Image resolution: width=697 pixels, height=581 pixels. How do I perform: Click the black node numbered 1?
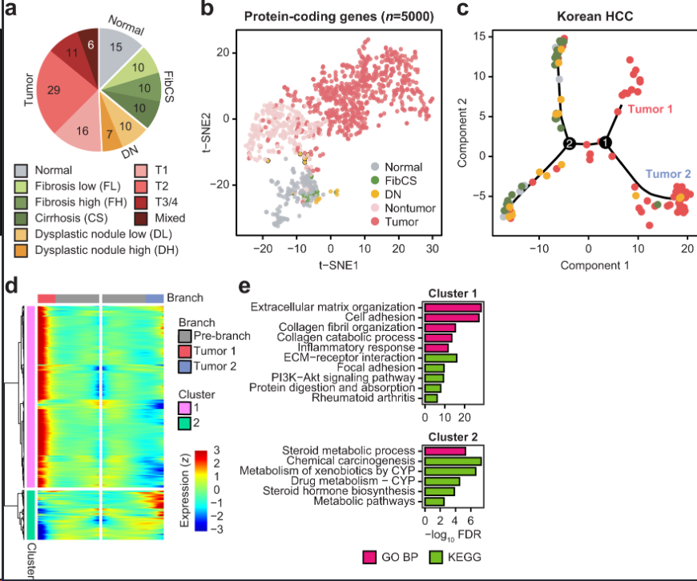pyautogui.click(x=606, y=143)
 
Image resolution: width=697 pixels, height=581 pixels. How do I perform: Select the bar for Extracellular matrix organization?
pyautogui.click(x=453, y=308)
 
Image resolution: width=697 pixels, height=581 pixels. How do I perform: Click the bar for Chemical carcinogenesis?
pyautogui.click(x=453, y=461)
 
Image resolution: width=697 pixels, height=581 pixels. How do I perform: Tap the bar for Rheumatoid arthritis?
pyautogui.click(x=430, y=397)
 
